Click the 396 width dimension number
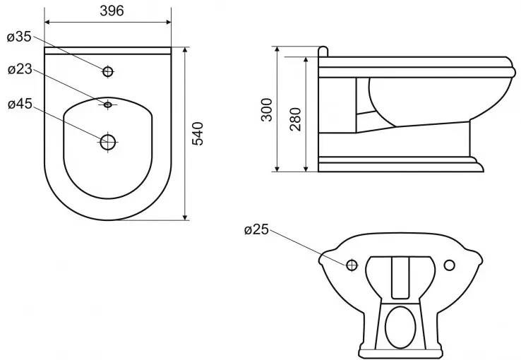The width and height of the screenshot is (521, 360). pyautogui.click(x=112, y=11)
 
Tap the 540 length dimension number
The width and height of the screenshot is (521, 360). pyautogui.click(x=198, y=133)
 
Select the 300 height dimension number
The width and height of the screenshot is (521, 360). pyautogui.click(x=267, y=109)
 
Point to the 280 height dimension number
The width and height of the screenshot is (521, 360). pyautogui.click(x=295, y=119)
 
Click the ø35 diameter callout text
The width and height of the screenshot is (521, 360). pyautogui.click(x=20, y=37)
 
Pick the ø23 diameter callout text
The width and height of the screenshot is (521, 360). pyautogui.click(x=20, y=69)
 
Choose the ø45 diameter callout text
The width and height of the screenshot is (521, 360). pyautogui.click(x=20, y=104)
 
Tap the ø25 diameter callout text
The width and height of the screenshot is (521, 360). pyautogui.click(x=256, y=229)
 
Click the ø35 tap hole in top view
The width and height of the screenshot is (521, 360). pyautogui.click(x=107, y=71)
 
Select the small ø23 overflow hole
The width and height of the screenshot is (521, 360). pyautogui.click(x=107, y=104)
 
